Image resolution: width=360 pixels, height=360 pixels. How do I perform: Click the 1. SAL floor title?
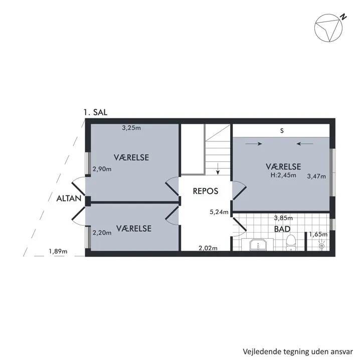pos(95,112)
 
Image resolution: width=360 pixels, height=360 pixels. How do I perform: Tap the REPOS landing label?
pos(206,191)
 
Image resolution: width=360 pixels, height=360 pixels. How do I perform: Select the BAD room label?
pos(282,229)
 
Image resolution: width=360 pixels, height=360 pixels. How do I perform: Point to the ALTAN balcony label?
pos(69,199)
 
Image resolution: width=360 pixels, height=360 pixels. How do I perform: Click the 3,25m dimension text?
pos(131,128)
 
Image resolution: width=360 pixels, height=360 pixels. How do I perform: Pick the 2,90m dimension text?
pos(102,169)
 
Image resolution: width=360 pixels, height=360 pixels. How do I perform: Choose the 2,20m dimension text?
pos(102,233)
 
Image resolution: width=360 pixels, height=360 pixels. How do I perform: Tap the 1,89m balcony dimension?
pos(58,251)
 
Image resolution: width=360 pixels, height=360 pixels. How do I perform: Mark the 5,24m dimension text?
pos(219,212)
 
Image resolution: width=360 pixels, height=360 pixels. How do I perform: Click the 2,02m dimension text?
pos(208,248)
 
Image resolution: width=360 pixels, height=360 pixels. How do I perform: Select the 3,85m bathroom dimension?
pos(283,218)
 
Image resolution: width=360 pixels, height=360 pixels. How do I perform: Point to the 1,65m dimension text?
pos(318,235)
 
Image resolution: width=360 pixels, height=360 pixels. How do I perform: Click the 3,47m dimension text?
pos(316,176)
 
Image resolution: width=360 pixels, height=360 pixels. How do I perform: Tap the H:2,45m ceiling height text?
pos(283,175)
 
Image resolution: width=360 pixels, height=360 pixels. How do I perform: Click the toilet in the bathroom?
pos(291,243)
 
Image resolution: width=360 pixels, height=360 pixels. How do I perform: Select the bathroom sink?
pos(258,245)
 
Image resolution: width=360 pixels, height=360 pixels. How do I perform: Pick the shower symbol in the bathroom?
pos(322,245)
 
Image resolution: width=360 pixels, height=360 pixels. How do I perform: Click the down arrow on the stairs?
pos(218,169)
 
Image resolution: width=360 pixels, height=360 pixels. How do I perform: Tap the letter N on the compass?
pos(343,17)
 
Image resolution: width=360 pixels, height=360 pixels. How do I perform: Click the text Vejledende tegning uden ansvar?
pos(298,351)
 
